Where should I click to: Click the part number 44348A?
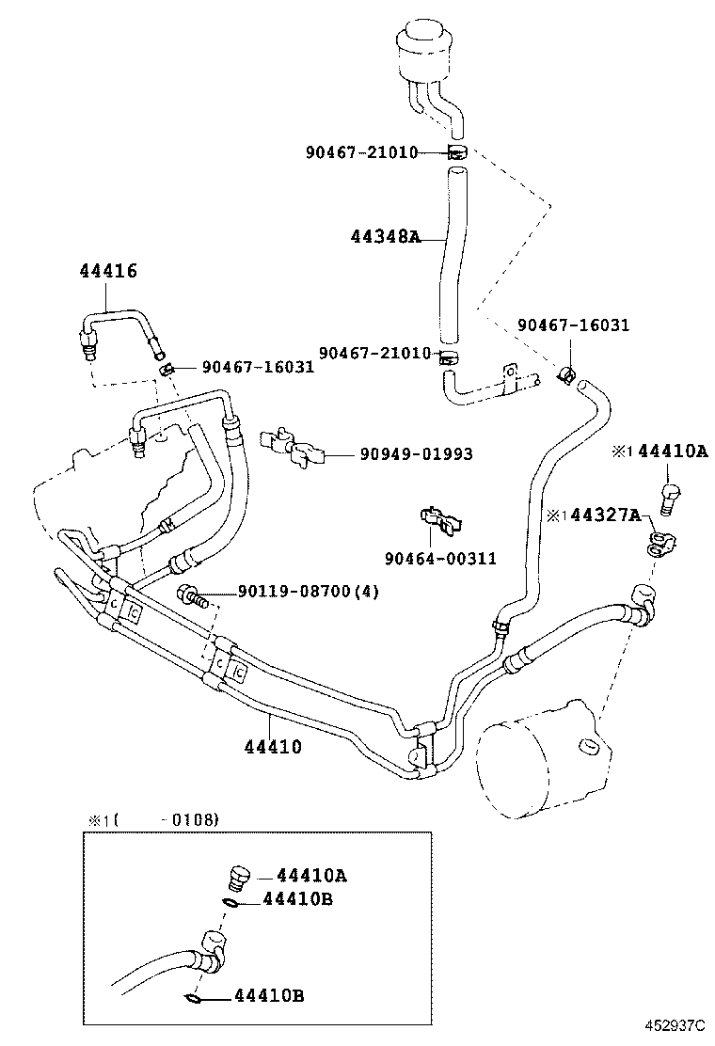coord(387,237)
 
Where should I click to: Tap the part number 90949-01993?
coord(416,455)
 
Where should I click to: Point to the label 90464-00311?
coord(440,559)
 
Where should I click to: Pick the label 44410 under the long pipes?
coord(273,748)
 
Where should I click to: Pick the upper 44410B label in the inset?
coord(297,900)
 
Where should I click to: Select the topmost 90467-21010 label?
coord(360,151)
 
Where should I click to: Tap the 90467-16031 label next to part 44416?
coord(258,367)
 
